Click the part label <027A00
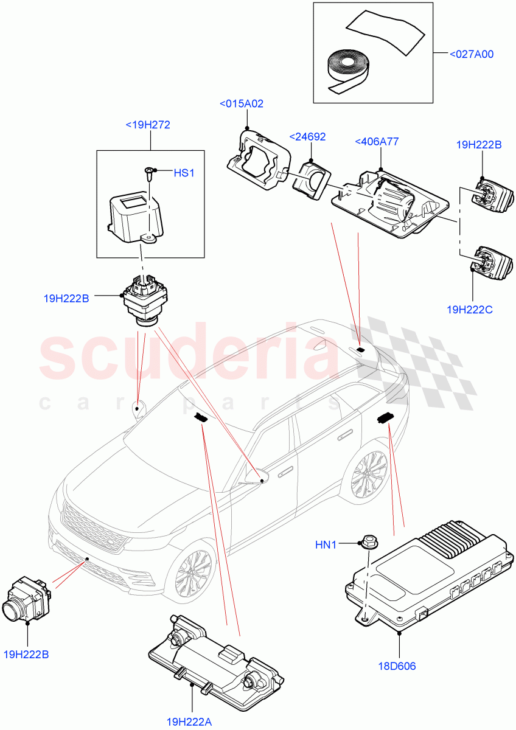(471, 54)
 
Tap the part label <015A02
(241, 104)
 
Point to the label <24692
(308, 136)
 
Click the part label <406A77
(377, 142)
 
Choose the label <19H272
(147, 125)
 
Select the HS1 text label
(184, 173)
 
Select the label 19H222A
(190, 721)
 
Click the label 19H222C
(469, 310)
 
